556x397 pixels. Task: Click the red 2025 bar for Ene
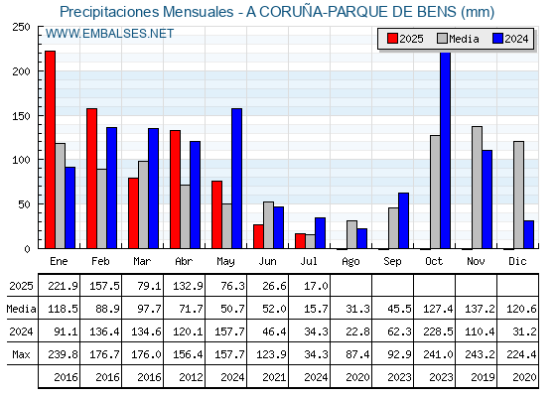pyautogui.click(x=51, y=150)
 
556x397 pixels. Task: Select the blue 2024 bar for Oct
pyautogui.click(x=446, y=150)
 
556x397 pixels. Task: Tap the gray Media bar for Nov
pyautogui.click(x=477, y=188)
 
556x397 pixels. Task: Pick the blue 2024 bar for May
pyautogui.click(x=237, y=179)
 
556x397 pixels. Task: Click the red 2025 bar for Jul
pyautogui.click(x=300, y=241)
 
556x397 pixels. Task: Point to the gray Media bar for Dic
pyautogui.click(x=518, y=195)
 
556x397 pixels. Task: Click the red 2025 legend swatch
pyautogui.click(x=392, y=39)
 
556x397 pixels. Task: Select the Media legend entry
pyautogui.click(x=458, y=39)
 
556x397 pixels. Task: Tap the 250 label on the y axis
pyautogui.click(x=21, y=27)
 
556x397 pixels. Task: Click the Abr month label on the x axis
pyautogui.click(x=184, y=261)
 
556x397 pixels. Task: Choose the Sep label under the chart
pyautogui.click(x=392, y=262)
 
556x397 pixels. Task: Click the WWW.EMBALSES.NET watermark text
pyautogui.click(x=109, y=34)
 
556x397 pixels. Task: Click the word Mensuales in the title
pyautogui.click(x=199, y=12)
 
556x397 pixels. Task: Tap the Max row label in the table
pyautogui.click(x=21, y=354)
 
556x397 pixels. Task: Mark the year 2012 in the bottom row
pyautogui.click(x=191, y=377)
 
